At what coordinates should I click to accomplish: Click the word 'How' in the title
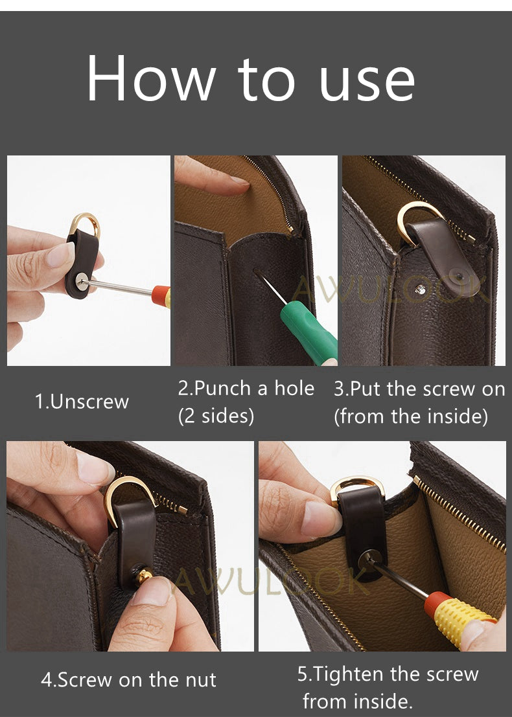coord(151,78)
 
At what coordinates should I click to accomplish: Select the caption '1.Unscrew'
coord(82,402)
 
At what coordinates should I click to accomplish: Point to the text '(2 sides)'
coord(216,416)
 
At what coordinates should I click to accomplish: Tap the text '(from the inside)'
coord(411,416)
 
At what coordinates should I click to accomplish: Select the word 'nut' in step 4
coord(201,680)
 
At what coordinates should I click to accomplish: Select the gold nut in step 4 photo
coord(145,575)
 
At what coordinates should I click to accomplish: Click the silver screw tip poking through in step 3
coord(419,289)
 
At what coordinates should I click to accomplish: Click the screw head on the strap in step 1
coord(83,280)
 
